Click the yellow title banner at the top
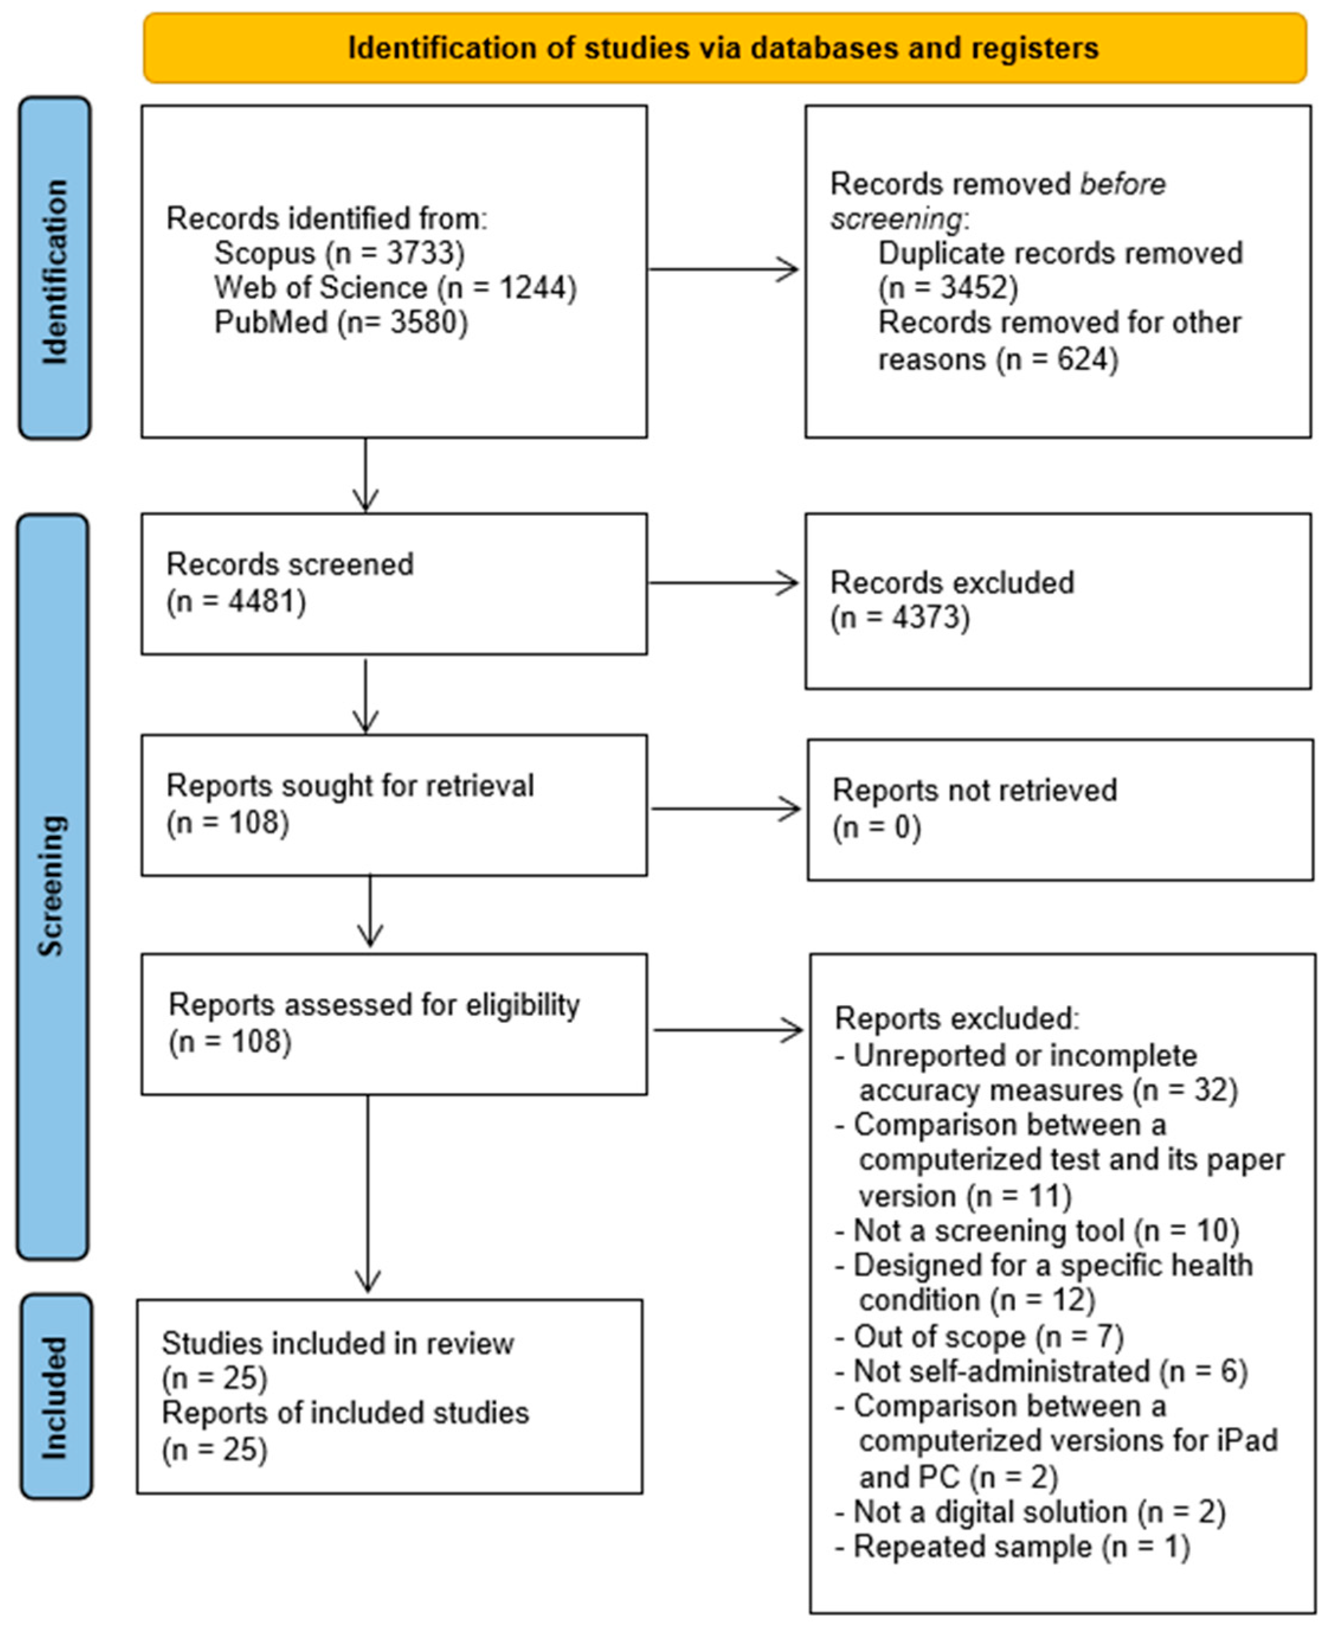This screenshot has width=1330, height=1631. pyautogui.click(x=724, y=47)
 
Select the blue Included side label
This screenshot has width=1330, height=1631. pyautogui.click(x=55, y=1397)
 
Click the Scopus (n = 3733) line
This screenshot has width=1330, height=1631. pyautogui.click(x=339, y=253)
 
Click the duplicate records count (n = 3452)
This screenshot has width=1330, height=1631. pyautogui.click(x=948, y=288)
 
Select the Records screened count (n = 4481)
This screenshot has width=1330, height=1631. pyautogui.click(x=236, y=601)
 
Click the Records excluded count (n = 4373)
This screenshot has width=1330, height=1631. pyautogui.click(x=900, y=617)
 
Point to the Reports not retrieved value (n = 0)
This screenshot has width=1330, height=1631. pyautogui.click(x=877, y=828)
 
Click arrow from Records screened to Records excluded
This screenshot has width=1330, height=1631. pyautogui.click(x=723, y=583)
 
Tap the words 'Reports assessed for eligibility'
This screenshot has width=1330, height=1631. pyautogui.click(x=374, y=1004)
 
